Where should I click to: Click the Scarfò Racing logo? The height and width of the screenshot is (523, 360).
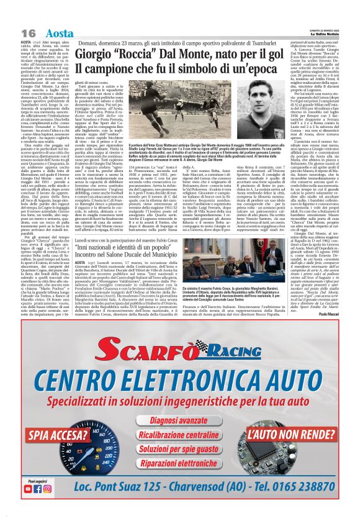point(180,351)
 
